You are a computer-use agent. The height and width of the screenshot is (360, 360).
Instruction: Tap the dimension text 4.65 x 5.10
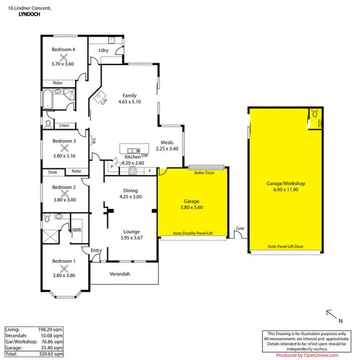coord(130,102)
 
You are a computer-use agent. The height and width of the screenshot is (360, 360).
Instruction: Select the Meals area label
coord(167,142)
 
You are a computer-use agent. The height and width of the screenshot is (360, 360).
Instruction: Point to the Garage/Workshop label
coord(286,183)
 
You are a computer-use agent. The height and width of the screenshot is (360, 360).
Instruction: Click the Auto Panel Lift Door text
coord(286,247)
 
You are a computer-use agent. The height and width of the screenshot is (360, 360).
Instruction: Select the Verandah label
coord(124,274)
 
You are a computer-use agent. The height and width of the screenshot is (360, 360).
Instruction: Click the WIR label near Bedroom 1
coord(77,230)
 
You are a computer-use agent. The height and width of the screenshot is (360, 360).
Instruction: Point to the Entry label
coord(96,250)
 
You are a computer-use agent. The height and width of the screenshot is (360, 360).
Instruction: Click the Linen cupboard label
coord(64,126)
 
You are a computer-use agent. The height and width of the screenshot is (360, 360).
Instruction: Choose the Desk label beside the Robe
coord(52,171)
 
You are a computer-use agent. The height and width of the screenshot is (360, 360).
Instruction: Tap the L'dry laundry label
coord(103,50)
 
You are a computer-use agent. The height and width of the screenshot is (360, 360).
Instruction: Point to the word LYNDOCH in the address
coord(29,15)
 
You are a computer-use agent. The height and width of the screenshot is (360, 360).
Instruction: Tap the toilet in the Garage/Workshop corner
coord(314,114)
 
